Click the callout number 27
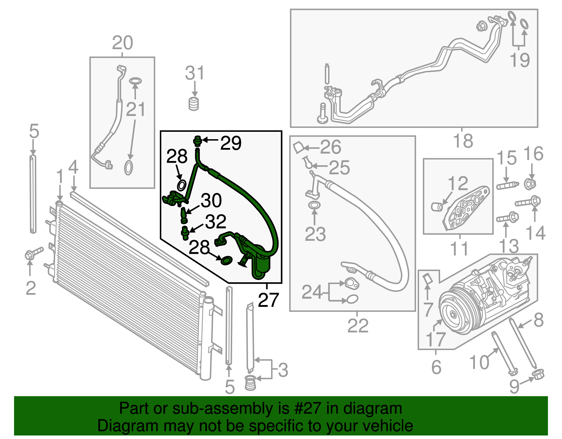[x=268, y=300]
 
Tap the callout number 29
[x=231, y=143]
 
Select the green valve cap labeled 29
[x=198, y=141]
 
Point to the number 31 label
[x=194, y=73]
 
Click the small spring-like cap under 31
[x=194, y=104]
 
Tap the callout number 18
[x=463, y=141]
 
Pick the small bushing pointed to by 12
[x=437, y=206]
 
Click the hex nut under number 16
[x=530, y=183]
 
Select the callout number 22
[x=358, y=326]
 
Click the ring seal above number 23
[x=314, y=205]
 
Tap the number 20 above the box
[x=122, y=43]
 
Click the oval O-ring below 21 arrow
[x=129, y=168]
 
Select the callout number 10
[x=479, y=362]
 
